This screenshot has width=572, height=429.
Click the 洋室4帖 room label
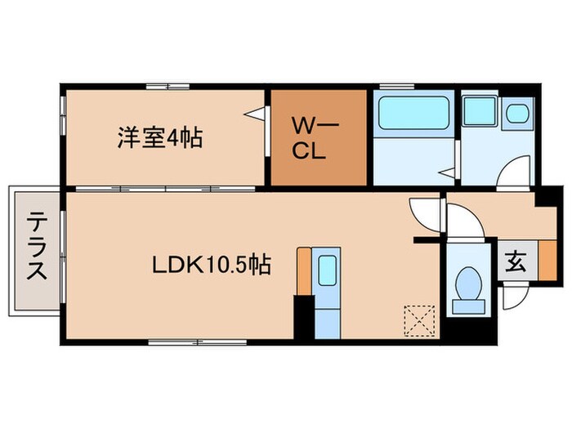click(x=159, y=136)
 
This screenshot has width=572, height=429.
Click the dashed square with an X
click(x=419, y=320)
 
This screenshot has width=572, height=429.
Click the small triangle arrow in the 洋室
click(x=259, y=114)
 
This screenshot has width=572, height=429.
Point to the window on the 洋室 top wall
click(x=168, y=86)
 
